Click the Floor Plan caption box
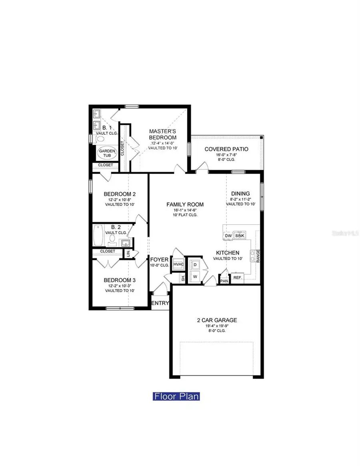pos(176,396)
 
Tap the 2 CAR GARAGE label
pos(216,320)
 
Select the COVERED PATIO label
pos(226,149)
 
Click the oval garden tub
pos(107,154)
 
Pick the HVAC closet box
pos(178,264)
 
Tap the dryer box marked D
pos(195,265)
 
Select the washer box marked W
pos(195,276)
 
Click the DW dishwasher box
pos(228,236)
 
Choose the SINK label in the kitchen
pos(240,236)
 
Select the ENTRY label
pos(160,303)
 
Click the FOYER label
pos(159,260)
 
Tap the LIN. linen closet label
pos(128,254)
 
